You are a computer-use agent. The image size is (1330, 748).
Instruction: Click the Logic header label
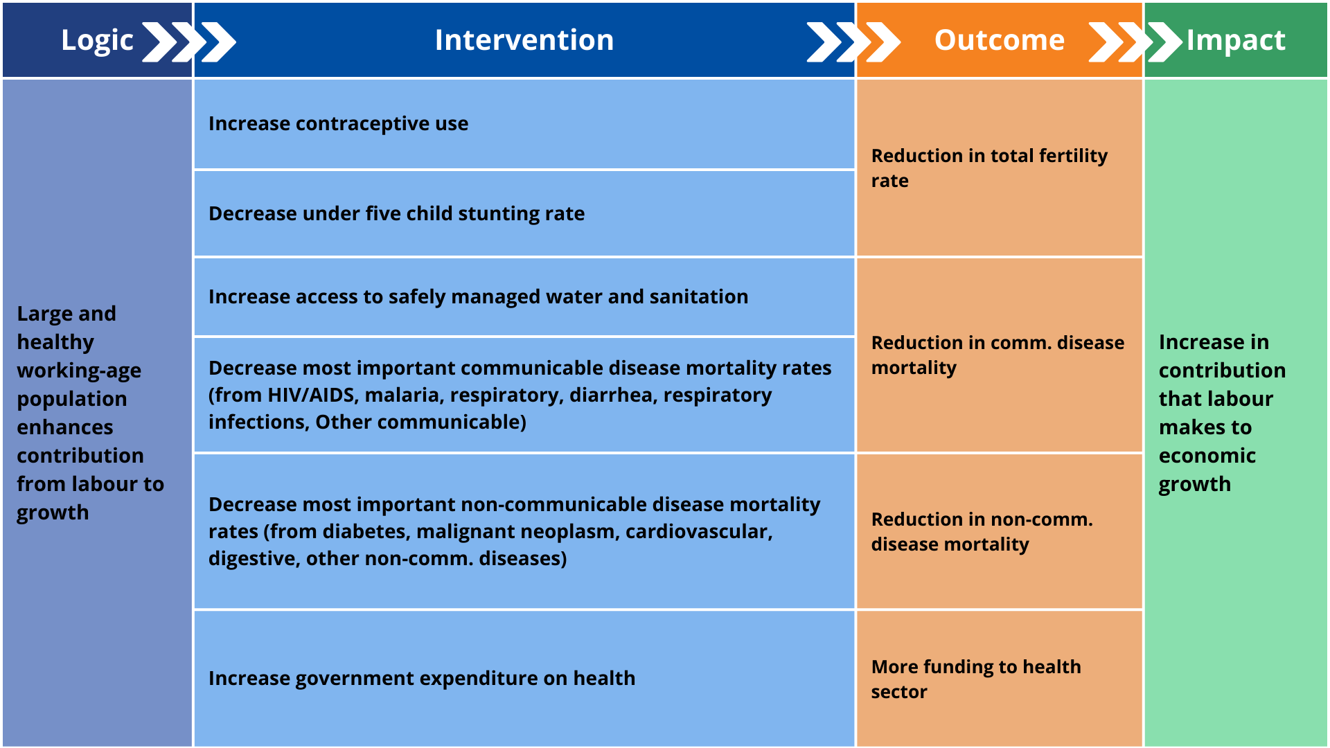tap(96, 40)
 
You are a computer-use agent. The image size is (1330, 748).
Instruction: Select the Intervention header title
tap(524, 40)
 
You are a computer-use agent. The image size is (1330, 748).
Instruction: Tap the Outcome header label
tap(999, 40)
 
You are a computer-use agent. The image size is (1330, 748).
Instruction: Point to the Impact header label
tap(1235, 40)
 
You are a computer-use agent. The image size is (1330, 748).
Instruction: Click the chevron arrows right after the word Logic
tap(188, 42)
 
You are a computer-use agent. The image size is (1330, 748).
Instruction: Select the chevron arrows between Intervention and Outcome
tap(853, 42)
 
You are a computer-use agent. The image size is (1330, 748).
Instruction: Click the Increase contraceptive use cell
tap(338, 124)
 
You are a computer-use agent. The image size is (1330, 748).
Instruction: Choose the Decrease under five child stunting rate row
tap(396, 213)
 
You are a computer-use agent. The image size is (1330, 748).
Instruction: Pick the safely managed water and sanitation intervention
tap(478, 296)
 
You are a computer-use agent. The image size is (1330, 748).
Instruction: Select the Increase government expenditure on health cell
tap(421, 678)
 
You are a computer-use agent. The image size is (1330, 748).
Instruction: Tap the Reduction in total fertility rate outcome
tap(988, 168)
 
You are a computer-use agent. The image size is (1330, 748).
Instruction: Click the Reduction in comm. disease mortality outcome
tap(997, 355)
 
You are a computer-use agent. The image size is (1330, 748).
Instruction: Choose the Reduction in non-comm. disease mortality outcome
tap(981, 531)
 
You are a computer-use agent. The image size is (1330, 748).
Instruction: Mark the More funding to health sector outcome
tap(975, 679)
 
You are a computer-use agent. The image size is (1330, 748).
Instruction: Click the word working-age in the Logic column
tap(79, 371)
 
